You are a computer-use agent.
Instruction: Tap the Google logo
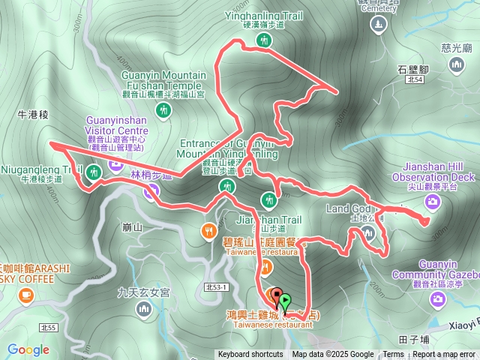tap(28, 349)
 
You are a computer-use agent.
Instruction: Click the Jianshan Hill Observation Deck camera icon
tap(433, 201)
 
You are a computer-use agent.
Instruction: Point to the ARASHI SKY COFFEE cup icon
tap(26, 295)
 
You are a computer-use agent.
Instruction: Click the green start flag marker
tap(286, 303)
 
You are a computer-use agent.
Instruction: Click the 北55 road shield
tap(49, 328)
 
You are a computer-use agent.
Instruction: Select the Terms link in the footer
tap(393, 355)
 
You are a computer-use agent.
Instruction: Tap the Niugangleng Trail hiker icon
tap(93, 174)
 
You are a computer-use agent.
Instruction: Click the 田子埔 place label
tap(414, 338)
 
